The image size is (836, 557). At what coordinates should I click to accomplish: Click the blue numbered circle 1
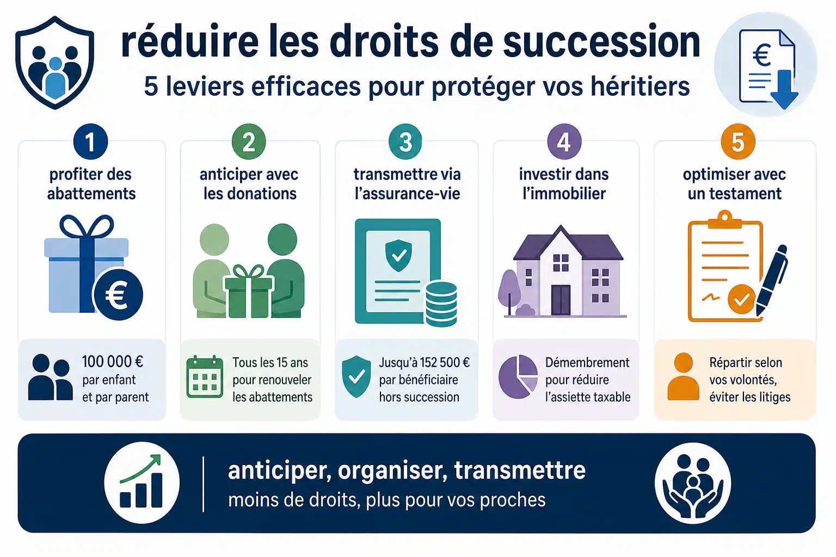coord(91,142)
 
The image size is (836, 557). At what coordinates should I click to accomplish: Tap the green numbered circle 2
coord(249,142)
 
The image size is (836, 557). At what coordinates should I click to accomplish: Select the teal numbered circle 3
coord(405,142)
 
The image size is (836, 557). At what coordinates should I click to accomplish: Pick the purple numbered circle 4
coord(564,142)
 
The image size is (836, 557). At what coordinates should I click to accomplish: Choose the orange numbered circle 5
coord(738,142)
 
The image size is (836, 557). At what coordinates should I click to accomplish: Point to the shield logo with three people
coord(55,63)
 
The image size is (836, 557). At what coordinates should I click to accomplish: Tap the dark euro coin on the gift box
coord(118,294)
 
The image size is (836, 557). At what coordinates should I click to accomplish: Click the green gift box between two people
coord(249,292)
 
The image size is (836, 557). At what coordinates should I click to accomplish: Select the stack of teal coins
coord(441,304)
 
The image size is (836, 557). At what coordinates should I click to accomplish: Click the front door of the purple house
coord(561,300)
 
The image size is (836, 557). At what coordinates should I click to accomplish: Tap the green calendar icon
coord(205,377)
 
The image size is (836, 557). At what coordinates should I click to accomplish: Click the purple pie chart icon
coord(518,377)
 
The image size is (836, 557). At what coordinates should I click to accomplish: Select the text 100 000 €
coord(112,362)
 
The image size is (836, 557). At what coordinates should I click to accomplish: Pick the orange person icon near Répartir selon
coord(684,377)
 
